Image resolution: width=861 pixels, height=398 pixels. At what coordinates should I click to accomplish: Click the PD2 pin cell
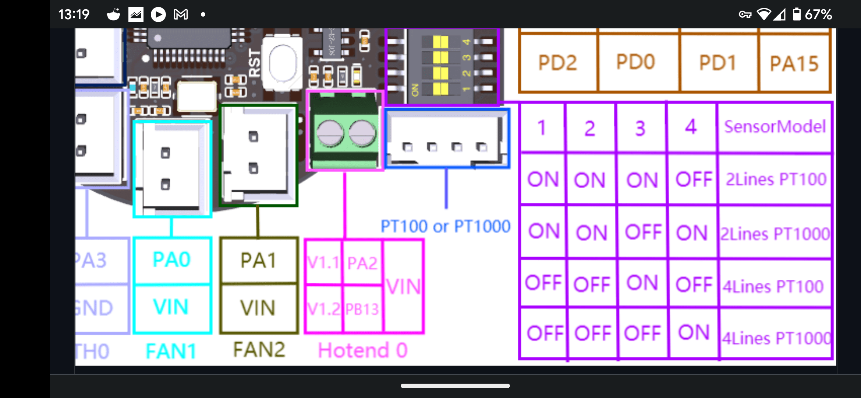pos(557,63)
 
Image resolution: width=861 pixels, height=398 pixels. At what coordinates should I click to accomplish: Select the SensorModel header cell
pos(775,127)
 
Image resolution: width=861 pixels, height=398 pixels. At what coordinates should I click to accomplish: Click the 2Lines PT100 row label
pos(776,179)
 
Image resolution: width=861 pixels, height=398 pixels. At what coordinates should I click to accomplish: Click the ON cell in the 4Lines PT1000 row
pos(694,333)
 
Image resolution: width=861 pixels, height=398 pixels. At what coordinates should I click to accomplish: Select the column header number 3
pos(640,128)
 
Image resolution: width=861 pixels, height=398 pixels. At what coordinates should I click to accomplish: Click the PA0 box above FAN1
pos(172,260)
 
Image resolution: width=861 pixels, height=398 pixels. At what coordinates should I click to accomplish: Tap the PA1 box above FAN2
pos(258,261)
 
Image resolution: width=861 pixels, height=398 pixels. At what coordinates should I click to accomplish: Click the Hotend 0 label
pos(363,350)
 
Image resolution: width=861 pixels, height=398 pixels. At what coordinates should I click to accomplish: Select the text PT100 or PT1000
pos(445,226)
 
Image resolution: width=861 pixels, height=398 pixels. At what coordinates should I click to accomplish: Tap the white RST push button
pos(283,63)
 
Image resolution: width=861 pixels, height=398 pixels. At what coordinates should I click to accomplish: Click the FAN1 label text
pos(171,351)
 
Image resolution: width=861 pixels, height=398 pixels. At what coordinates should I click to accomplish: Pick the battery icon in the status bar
pos(797,14)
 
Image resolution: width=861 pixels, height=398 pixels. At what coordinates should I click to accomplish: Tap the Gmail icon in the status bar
pos(181,14)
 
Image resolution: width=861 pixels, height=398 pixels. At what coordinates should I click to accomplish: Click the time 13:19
pos(74,14)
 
